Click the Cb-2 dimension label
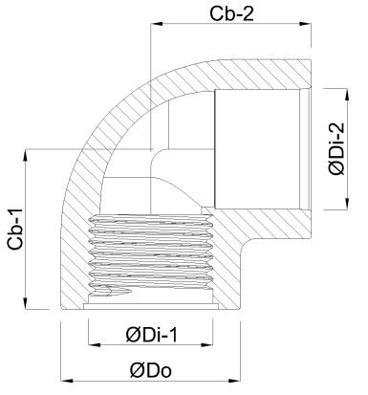231,13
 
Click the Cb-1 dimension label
15,229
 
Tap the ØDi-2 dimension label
337,148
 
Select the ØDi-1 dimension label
151,335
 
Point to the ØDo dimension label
151,370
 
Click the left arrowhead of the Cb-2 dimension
157,24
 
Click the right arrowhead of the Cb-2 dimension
305,24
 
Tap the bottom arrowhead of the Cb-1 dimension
25,303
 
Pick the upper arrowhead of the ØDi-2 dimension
347,95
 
